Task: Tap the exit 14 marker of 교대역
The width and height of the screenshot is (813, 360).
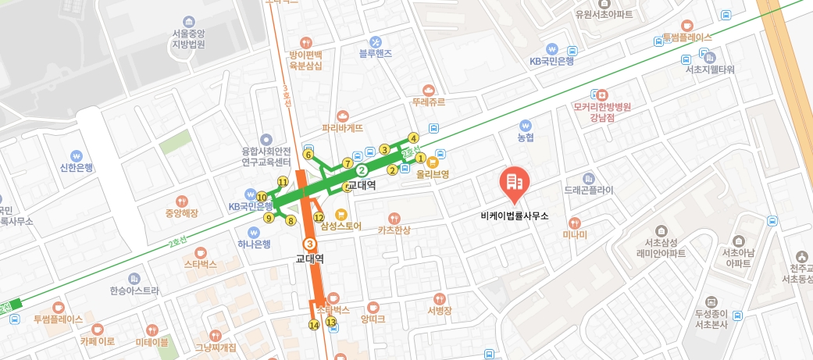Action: [x=314, y=325]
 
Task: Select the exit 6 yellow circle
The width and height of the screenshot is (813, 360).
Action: [x=308, y=155]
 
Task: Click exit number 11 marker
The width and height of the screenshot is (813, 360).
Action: [x=282, y=181]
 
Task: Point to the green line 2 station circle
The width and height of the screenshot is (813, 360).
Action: [x=361, y=169]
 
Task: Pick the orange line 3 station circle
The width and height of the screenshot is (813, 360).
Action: [x=310, y=243]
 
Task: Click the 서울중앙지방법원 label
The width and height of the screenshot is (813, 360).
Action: [x=188, y=39]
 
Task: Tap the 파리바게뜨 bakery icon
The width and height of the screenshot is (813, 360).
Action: [x=342, y=115]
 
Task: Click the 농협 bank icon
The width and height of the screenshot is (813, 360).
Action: [x=525, y=125]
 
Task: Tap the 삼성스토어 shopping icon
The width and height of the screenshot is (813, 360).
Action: [x=341, y=214]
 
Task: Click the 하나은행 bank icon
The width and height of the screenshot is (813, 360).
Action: [x=253, y=232]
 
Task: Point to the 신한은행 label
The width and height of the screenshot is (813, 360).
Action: [x=77, y=168]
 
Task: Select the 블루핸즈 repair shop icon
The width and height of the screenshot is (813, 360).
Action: [x=375, y=41]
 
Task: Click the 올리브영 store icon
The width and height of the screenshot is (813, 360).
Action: [x=431, y=162]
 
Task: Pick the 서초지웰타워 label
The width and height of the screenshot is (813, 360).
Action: [x=709, y=70]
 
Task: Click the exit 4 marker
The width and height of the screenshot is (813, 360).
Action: [x=413, y=139]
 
